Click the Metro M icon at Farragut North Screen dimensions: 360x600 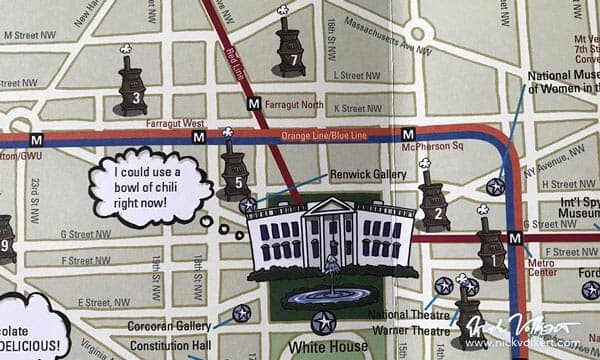[254, 102]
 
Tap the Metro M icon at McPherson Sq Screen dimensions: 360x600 [407, 134]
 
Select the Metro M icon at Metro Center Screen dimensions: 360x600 [515, 238]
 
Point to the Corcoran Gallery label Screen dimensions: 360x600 [169, 326]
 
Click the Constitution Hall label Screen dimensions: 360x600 [169, 346]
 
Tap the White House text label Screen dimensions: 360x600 [323, 348]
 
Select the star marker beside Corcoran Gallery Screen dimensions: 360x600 [241, 313]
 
